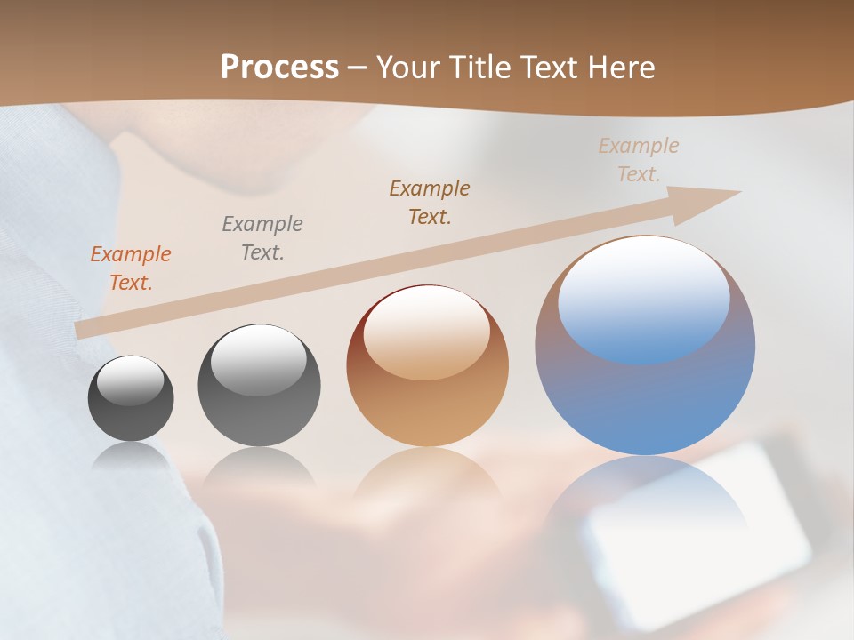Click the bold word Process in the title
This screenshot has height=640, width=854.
tap(279, 68)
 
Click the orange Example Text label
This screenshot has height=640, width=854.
tap(131, 268)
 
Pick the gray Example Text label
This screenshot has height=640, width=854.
tap(262, 238)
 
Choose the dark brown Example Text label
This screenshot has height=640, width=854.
tap(430, 202)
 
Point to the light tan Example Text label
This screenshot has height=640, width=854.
tap(638, 160)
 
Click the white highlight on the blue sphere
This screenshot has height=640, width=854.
tap(644, 298)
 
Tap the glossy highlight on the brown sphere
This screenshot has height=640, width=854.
tap(427, 332)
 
